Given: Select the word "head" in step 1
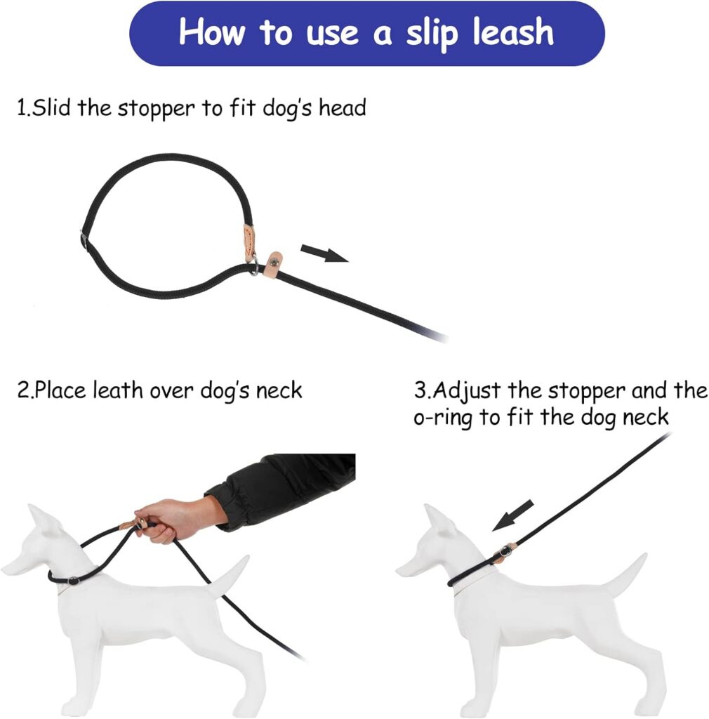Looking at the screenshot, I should tap(342, 108).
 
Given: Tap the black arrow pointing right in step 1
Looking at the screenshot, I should tap(324, 252).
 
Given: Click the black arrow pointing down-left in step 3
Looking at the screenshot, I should tap(513, 515).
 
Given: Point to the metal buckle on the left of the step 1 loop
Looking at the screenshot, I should tap(84, 240).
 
